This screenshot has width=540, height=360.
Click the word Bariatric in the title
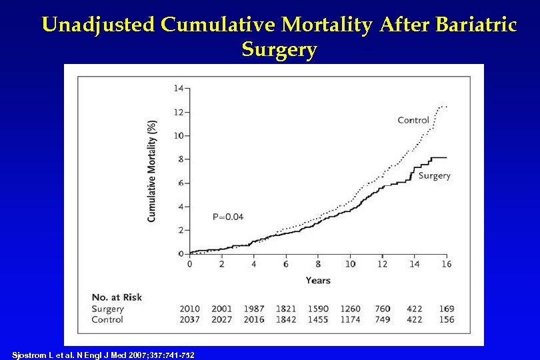pyautogui.click(x=476, y=25)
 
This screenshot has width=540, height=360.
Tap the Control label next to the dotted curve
pyautogui.click(x=413, y=120)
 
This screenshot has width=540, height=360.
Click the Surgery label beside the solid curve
pyautogui.click(x=434, y=175)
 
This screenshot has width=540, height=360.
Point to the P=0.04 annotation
pyautogui.click(x=228, y=216)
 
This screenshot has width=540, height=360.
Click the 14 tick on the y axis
pyautogui.click(x=179, y=88)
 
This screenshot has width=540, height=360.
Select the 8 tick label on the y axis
pyautogui.click(x=181, y=159)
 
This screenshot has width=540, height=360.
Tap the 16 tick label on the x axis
pyautogui.click(x=446, y=264)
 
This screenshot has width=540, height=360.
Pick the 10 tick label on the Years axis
pyautogui.click(x=350, y=264)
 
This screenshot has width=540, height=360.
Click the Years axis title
pyautogui.click(x=318, y=280)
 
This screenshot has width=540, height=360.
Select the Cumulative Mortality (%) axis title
pyautogui.click(x=152, y=171)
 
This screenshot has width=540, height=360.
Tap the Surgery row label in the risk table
pyautogui.click(x=108, y=309)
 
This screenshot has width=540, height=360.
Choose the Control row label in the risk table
pyautogui.click(x=107, y=319)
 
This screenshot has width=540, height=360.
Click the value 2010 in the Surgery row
pyautogui.click(x=189, y=309)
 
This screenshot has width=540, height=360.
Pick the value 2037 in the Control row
pyautogui.click(x=189, y=319)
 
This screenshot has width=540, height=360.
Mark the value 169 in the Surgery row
pyautogui.click(x=446, y=309)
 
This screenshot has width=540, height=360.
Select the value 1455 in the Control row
pyautogui.click(x=318, y=319)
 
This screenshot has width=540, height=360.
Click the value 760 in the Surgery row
pyautogui.click(x=383, y=309)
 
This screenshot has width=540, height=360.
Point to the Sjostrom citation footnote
pyautogui.click(x=103, y=355)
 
